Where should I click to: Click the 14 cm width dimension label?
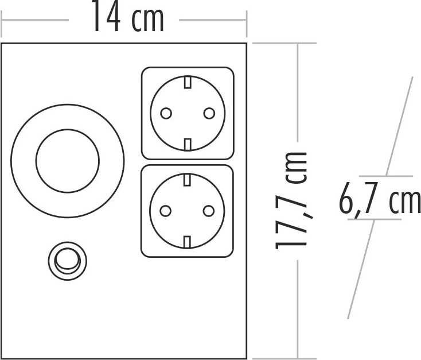coord(127,16)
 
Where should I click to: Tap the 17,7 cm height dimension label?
coord(291,200)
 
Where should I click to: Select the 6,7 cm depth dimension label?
coord(380,198)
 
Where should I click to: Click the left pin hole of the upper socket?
coord(166,113)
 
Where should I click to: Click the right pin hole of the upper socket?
coord(209,113)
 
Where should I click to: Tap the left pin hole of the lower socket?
coord(165,211)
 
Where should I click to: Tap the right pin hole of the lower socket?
coord(209,211)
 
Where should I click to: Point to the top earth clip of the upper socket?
coord(188,82)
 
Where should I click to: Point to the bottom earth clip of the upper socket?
coord(188,144)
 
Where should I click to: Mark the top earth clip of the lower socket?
coord(187,180)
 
